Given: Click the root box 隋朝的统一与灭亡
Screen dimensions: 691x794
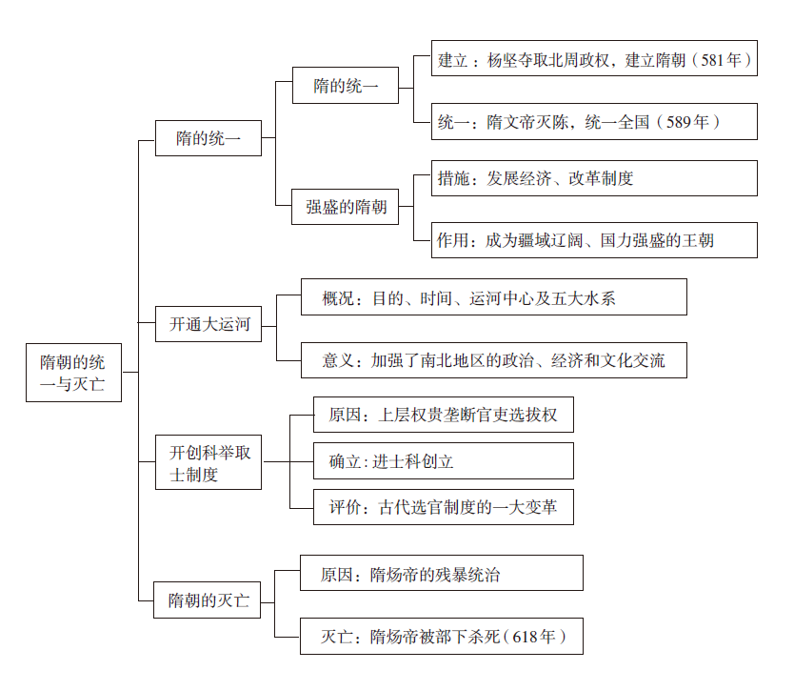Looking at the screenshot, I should (73, 371).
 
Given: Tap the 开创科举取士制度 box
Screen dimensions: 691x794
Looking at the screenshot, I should (208, 462).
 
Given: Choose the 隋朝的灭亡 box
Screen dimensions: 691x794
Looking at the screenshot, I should (208, 600).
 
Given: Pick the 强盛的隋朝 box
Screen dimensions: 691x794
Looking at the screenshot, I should (346, 206).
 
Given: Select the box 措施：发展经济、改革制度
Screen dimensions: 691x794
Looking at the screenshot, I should (594, 178).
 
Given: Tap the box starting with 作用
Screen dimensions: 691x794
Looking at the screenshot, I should (594, 240).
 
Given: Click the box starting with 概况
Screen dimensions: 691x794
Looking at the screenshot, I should (493, 297).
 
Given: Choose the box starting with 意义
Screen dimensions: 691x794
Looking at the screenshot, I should (493, 360).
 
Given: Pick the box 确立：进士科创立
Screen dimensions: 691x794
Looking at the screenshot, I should (444, 461).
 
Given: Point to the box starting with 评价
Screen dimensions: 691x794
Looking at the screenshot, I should (444, 508).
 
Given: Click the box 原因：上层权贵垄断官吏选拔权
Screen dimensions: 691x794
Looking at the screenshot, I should (444, 415).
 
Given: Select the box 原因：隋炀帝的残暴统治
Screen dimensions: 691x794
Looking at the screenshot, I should (441, 574).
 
